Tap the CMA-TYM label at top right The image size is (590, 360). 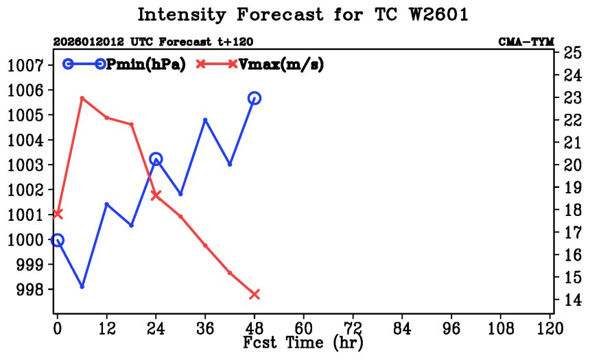526,42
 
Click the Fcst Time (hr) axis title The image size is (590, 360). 302,341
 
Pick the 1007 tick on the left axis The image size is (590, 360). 25,65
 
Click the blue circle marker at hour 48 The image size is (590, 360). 255,98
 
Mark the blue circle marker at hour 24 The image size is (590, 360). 156,159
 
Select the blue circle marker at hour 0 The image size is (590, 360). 57,240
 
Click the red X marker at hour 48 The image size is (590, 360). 255,294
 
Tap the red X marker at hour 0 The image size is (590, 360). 57,214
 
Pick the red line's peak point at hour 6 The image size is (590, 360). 82,98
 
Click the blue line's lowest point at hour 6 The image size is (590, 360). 82,287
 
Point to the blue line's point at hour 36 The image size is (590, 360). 205,120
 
